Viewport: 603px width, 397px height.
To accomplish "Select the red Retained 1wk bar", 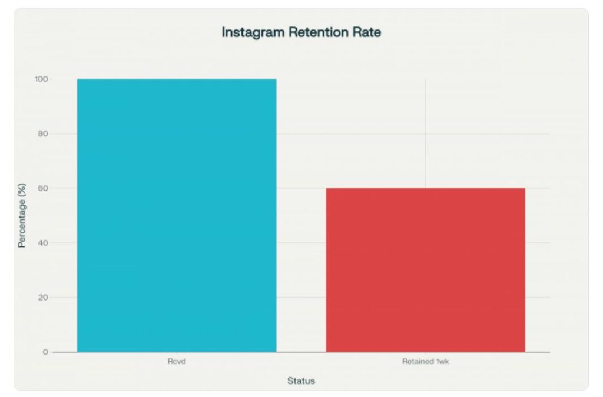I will point(425,270).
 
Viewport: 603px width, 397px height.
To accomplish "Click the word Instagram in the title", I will point(253,32).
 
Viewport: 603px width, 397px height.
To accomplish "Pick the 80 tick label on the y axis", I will point(43,134).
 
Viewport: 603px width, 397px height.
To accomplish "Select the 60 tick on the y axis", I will point(43,188).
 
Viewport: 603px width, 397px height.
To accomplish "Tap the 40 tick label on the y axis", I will point(43,243).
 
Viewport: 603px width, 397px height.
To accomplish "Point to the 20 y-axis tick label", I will point(43,298).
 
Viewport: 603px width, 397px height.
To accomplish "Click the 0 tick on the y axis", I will point(45,352).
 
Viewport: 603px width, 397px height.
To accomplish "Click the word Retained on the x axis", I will point(416,362).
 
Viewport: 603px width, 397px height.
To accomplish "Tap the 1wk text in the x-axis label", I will point(442,362).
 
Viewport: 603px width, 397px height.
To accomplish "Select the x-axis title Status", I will point(301,381).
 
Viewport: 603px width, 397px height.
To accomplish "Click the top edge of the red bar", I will point(425,188).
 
